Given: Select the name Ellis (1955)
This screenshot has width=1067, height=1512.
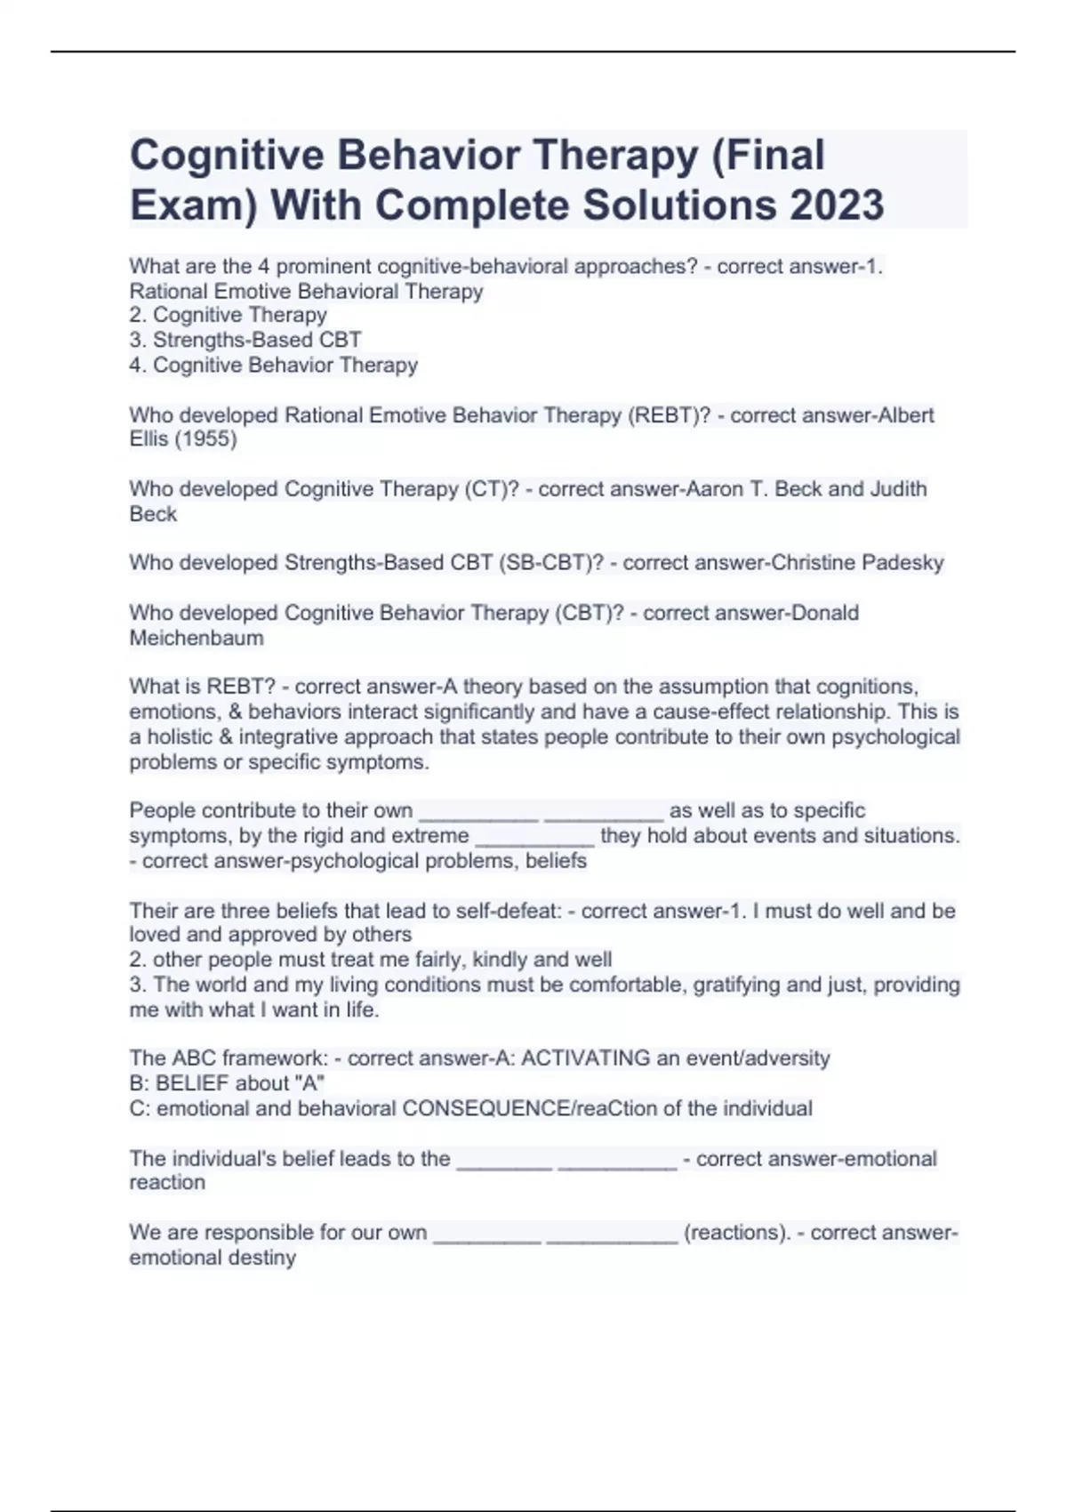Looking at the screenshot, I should tap(183, 439).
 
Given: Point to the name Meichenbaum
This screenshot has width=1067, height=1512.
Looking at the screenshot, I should tap(197, 638).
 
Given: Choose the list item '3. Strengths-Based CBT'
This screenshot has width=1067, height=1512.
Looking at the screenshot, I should tap(245, 340).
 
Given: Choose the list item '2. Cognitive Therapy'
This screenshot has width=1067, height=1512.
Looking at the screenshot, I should tap(229, 315).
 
